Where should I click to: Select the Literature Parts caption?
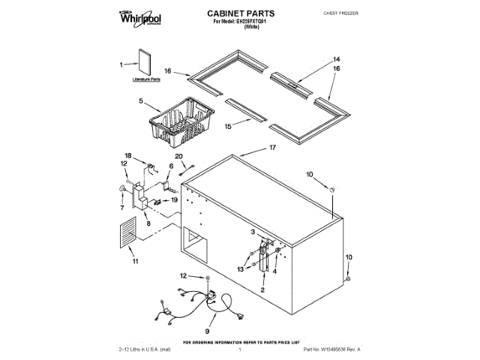[x=146, y=78]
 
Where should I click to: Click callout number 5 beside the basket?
[x=140, y=100]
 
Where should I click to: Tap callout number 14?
[x=337, y=58]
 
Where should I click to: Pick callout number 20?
[x=179, y=156]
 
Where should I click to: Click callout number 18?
[x=128, y=156]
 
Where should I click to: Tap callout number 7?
[x=121, y=202]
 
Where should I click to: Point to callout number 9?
[x=207, y=331]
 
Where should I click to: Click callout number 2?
[x=262, y=289]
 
